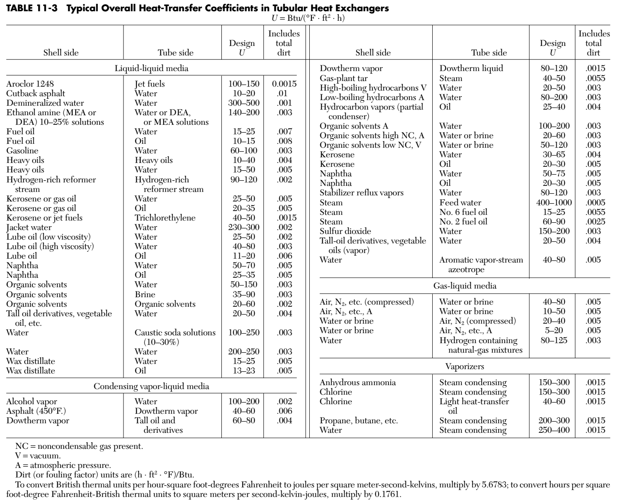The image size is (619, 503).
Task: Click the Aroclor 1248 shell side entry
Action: (x=30, y=84)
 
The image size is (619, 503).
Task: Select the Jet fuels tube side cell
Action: (x=149, y=84)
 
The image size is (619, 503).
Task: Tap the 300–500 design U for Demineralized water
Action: (x=243, y=103)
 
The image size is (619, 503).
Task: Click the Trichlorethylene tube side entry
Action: (x=165, y=217)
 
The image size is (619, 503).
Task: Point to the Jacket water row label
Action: (x=29, y=227)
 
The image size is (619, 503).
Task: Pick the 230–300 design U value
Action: (x=243, y=227)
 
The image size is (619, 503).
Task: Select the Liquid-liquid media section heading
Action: (x=151, y=68)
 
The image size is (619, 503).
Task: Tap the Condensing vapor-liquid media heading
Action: (x=151, y=386)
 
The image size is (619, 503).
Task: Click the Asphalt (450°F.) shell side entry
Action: (x=36, y=411)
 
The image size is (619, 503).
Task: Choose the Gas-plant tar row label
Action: (x=344, y=78)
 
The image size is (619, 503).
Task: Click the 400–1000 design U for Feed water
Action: (x=554, y=202)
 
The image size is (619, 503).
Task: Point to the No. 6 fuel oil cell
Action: (x=463, y=212)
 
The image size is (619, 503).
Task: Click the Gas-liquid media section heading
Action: (x=465, y=286)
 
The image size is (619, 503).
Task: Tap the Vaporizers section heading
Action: (x=465, y=366)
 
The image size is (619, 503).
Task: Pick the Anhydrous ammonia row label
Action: (x=357, y=382)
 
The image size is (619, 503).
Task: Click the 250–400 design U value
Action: (x=554, y=430)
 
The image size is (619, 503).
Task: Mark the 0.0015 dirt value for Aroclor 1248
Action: (x=284, y=84)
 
